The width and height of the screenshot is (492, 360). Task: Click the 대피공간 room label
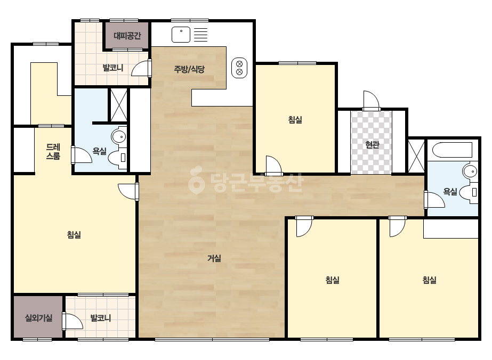point(127,36)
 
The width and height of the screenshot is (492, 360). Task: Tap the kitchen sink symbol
point(181,35)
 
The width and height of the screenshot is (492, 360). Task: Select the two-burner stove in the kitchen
point(239,68)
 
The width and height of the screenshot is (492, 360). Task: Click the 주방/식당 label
point(189,69)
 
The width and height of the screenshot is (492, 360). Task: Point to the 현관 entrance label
point(372,144)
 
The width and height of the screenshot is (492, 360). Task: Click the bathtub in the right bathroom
point(452,150)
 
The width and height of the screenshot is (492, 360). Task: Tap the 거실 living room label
point(214,258)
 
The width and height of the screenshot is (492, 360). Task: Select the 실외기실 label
point(38,318)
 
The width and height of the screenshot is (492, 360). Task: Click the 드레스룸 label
point(53,151)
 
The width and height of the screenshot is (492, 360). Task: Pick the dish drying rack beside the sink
point(201,35)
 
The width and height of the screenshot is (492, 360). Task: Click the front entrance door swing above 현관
point(371,101)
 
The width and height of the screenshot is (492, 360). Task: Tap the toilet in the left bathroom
point(117,158)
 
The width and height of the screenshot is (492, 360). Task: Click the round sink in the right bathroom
point(470,171)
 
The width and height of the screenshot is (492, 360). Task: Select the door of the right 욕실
point(434,200)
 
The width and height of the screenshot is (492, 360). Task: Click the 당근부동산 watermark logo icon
point(196,179)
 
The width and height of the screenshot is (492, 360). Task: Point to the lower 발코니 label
point(101,318)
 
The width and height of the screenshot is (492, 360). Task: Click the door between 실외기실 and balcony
point(72,321)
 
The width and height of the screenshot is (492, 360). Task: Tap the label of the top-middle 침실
point(295,119)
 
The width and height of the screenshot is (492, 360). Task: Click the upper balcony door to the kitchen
point(141,68)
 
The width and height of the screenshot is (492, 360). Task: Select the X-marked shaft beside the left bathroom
point(119,105)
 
